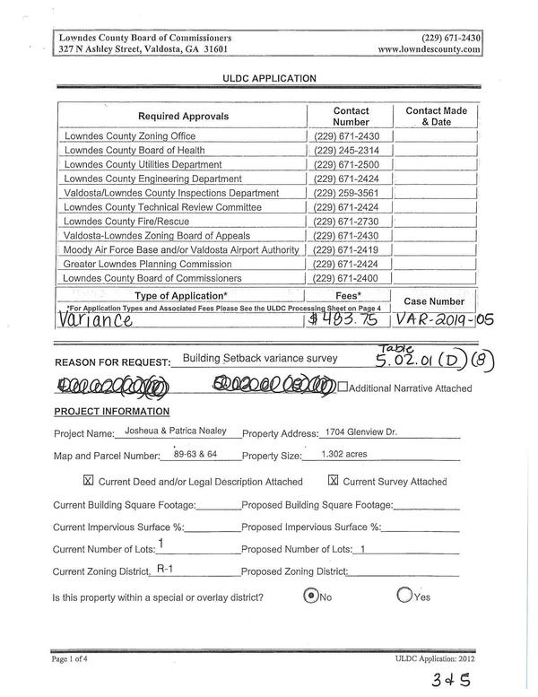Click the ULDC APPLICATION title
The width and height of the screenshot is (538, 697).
[269, 78]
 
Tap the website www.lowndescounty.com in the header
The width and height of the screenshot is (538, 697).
[430, 51]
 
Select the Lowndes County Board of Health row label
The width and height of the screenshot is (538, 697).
[134, 151]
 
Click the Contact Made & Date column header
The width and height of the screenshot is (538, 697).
[436, 116]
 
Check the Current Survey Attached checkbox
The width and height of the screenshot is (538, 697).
[333, 481]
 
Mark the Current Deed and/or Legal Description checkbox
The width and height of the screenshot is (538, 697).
[88, 481]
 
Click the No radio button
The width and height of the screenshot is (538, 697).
[310, 596]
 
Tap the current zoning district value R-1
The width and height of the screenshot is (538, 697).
[165, 569]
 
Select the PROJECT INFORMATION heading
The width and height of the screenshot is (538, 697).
[111, 412]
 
